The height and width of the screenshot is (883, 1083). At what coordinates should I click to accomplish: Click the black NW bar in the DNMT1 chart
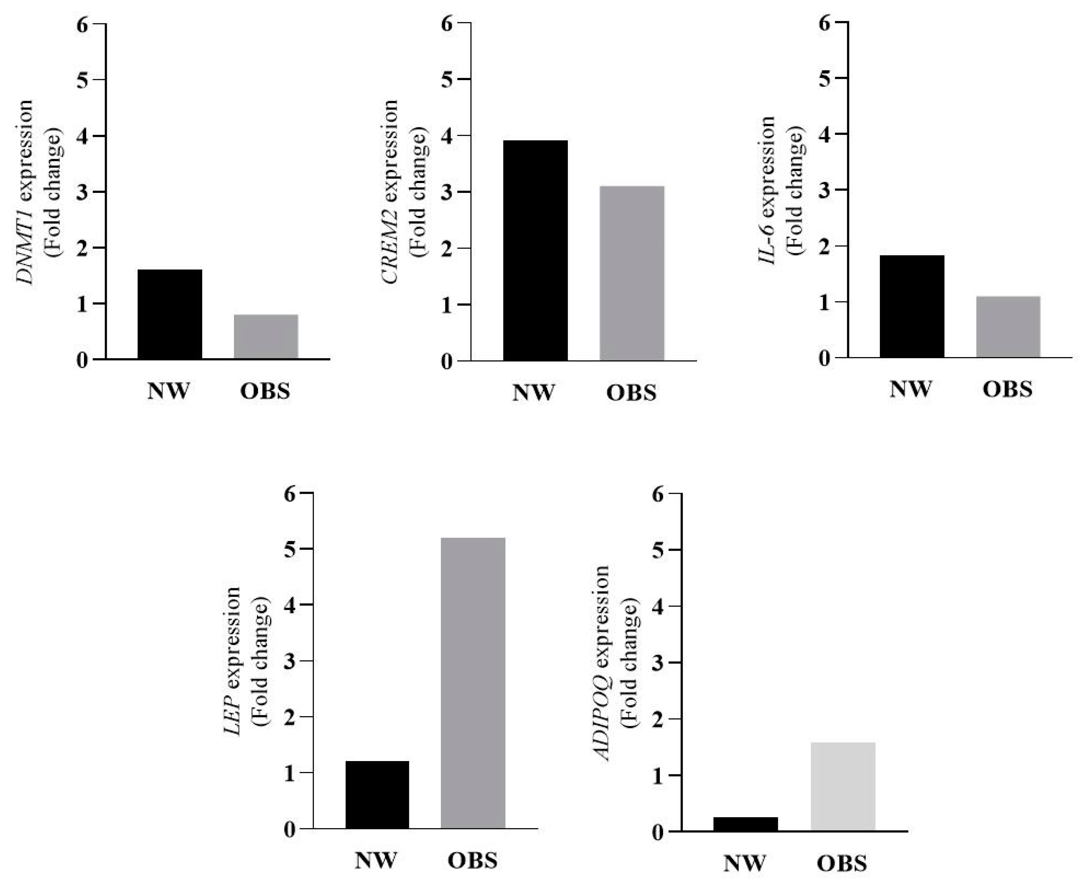pyautogui.click(x=170, y=314)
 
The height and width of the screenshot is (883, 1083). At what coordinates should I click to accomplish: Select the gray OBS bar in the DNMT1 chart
pyautogui.click(x=266, y=337)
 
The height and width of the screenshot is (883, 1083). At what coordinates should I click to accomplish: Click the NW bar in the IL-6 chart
pyautogui.click(x=912, y=306)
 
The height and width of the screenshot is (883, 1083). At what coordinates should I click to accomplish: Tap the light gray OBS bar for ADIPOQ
pyautogui.click(x=843, y=787)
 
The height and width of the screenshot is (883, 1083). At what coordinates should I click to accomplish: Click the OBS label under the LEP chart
pyautogui.click(x=472, y=861)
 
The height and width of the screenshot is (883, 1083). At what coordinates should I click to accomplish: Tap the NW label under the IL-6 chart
pyautogui.click(x=910, y=389)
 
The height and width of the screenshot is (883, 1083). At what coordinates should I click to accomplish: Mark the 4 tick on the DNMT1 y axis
pyautogui.click(x=82, y=136)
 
